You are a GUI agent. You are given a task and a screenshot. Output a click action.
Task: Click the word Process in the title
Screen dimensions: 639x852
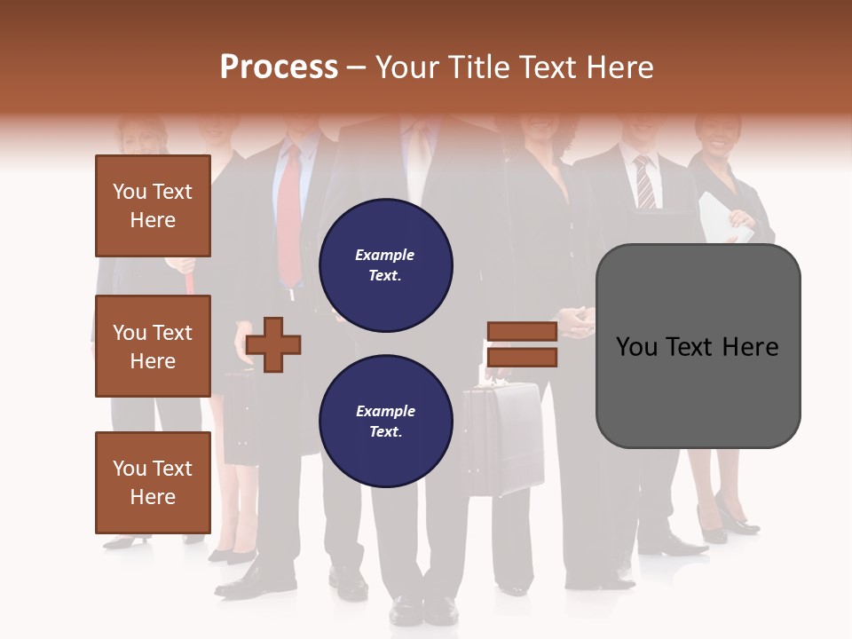pos(279,67)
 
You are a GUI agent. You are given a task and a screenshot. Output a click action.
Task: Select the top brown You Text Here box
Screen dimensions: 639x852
pos(153,206)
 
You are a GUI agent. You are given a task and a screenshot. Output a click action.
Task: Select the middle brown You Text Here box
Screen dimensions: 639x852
pos(153,346)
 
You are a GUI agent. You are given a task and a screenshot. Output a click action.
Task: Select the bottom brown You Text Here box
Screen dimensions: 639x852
pos(153,482)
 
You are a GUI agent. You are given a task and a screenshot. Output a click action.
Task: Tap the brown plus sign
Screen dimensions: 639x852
pos(273,343)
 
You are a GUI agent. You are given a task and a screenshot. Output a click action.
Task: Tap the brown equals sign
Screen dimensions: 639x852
pos(522,344)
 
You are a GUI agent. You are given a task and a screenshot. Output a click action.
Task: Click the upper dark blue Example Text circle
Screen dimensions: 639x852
pos(385,264)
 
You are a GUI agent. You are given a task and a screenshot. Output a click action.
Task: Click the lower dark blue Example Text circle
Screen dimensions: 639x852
pos(385,421)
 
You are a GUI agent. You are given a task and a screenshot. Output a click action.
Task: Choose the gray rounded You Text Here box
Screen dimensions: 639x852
pos(698,346)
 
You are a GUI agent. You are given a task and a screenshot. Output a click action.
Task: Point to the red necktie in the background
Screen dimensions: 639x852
pos(289,217)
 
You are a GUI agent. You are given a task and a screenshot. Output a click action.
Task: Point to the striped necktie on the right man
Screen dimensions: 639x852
pos(644,183)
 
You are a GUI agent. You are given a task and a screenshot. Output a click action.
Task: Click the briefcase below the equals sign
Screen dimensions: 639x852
pos(503,439)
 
